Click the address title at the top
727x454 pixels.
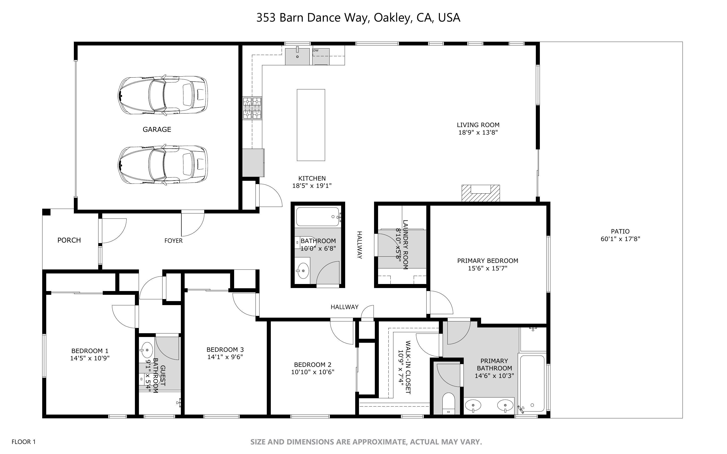point(358,18)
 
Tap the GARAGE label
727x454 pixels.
point(157,129)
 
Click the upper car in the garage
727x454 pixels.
point(163,95)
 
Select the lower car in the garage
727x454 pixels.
point(163,165)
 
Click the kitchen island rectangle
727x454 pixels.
point(311,125)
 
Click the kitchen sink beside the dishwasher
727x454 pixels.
point(297,56)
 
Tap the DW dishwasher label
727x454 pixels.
point(316,50)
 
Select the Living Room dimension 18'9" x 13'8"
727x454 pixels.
point(478,132)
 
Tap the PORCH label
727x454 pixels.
point(69,240)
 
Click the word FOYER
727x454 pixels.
point(173,241)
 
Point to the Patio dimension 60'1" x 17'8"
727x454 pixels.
point(620,239)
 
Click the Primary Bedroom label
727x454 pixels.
point(487,261)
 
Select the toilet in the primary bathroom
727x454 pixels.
point(449,404)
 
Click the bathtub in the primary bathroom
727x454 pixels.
point(532,383)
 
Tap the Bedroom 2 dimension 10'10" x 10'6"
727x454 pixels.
point(313,372)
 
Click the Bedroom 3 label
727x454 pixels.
point(225,350)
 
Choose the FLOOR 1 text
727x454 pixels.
point(23,442)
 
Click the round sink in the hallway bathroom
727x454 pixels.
point(303,271)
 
